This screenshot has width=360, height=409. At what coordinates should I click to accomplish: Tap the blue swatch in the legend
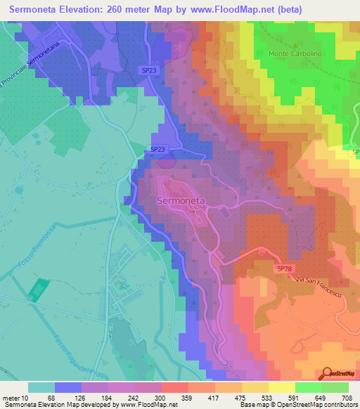coord(68,387)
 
